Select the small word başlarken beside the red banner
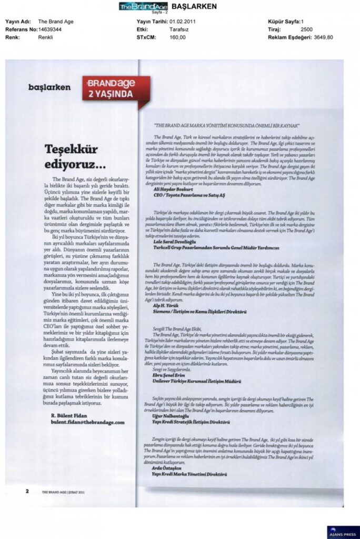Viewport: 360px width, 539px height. coord(49,87)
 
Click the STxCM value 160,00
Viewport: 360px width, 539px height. coord(177,38)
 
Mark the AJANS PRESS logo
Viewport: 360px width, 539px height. coord(343,531)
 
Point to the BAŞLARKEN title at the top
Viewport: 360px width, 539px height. coord(179,6)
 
